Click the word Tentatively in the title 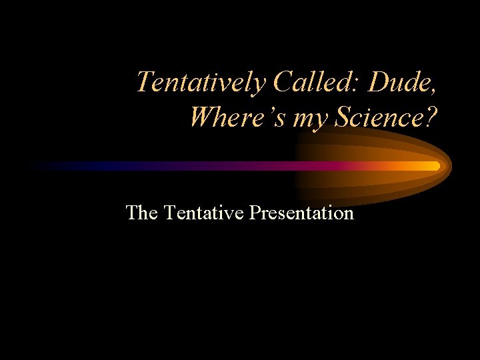click(x=201, y=83)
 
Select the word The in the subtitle click(x=141, y=213)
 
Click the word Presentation click(x=301, y=213)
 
